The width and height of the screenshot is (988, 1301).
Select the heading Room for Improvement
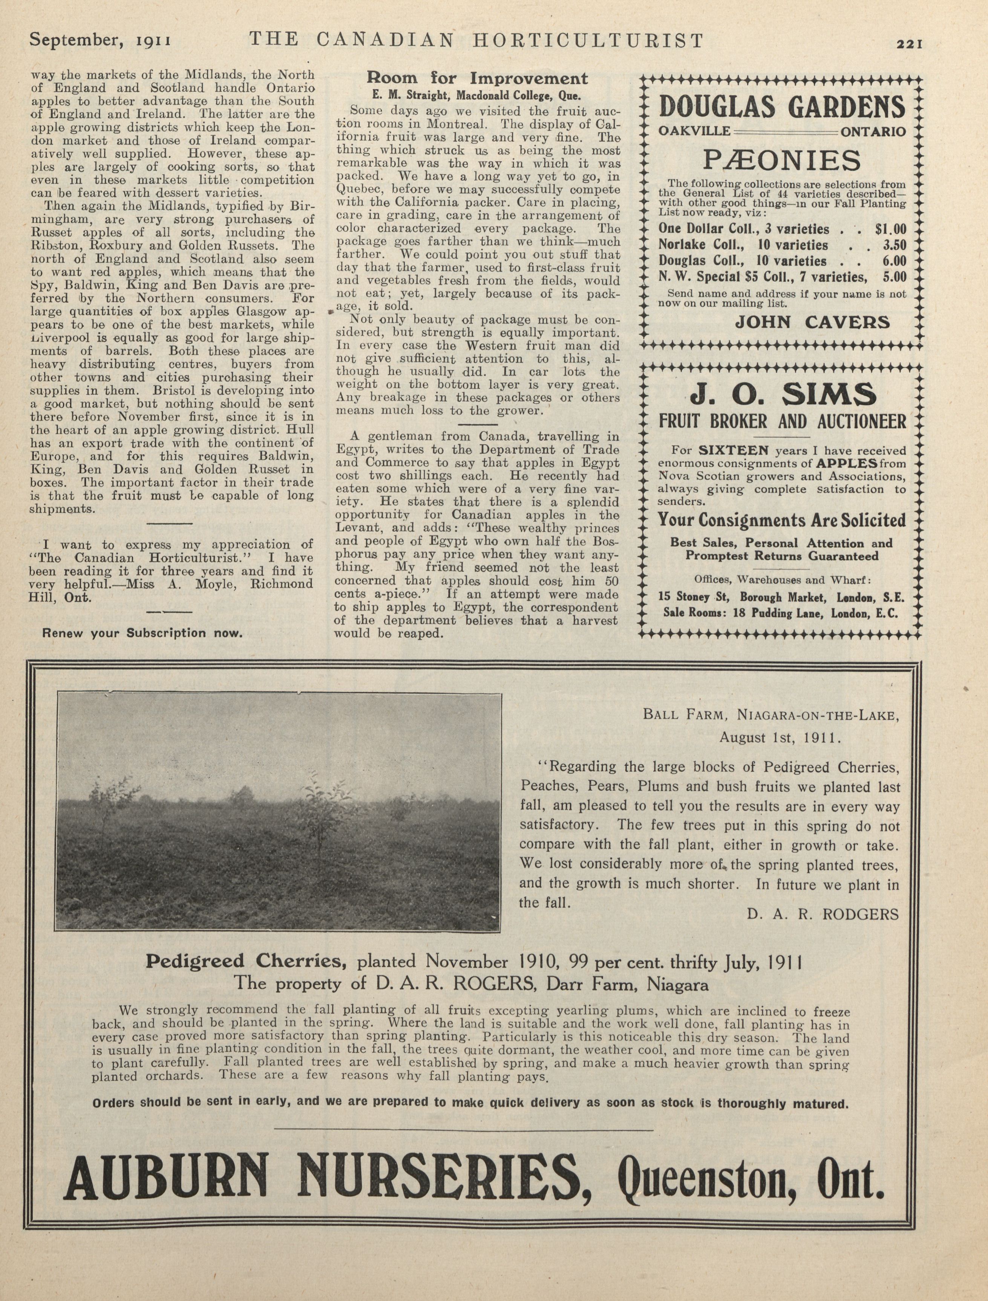[477, 78]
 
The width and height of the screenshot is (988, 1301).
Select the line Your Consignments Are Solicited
[781, 521]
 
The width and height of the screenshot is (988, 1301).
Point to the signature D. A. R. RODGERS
[823, 914]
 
